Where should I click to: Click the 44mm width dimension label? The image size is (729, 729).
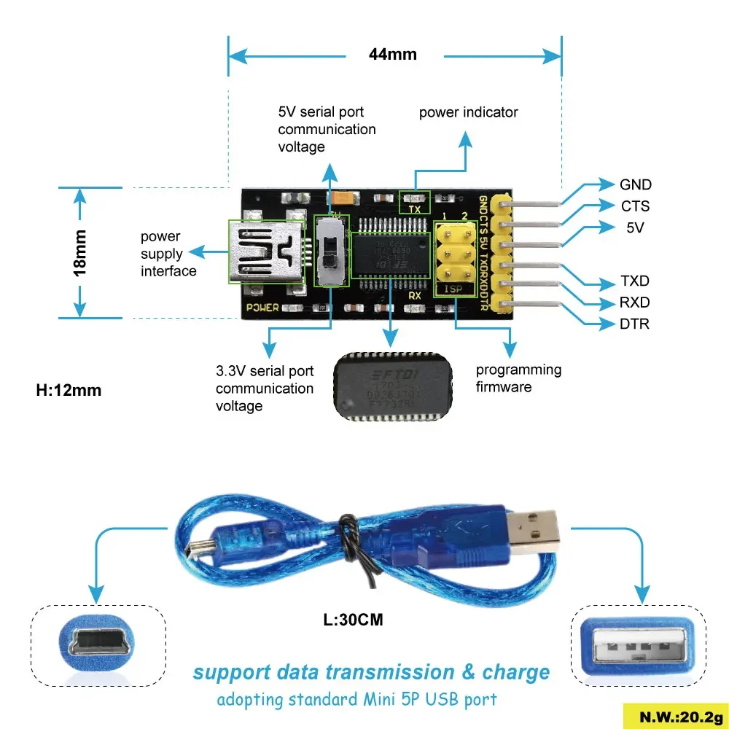coord(393,54)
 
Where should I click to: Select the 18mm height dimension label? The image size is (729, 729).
coord(80,252)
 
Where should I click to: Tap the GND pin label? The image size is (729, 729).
coord(636,185)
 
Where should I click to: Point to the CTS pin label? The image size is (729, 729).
coord(635,206)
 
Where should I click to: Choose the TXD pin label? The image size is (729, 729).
coord(634,281)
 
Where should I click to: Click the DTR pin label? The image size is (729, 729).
coord(634,324)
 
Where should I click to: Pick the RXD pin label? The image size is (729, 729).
coord(634,303)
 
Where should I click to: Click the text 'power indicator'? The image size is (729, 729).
coord(468,112)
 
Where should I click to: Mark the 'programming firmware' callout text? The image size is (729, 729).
coord(518,378)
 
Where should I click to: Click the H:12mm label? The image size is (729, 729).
coord(69,390)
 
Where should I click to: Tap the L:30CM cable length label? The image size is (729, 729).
coord(354,620)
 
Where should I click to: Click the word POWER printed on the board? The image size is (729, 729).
coord(262,308)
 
